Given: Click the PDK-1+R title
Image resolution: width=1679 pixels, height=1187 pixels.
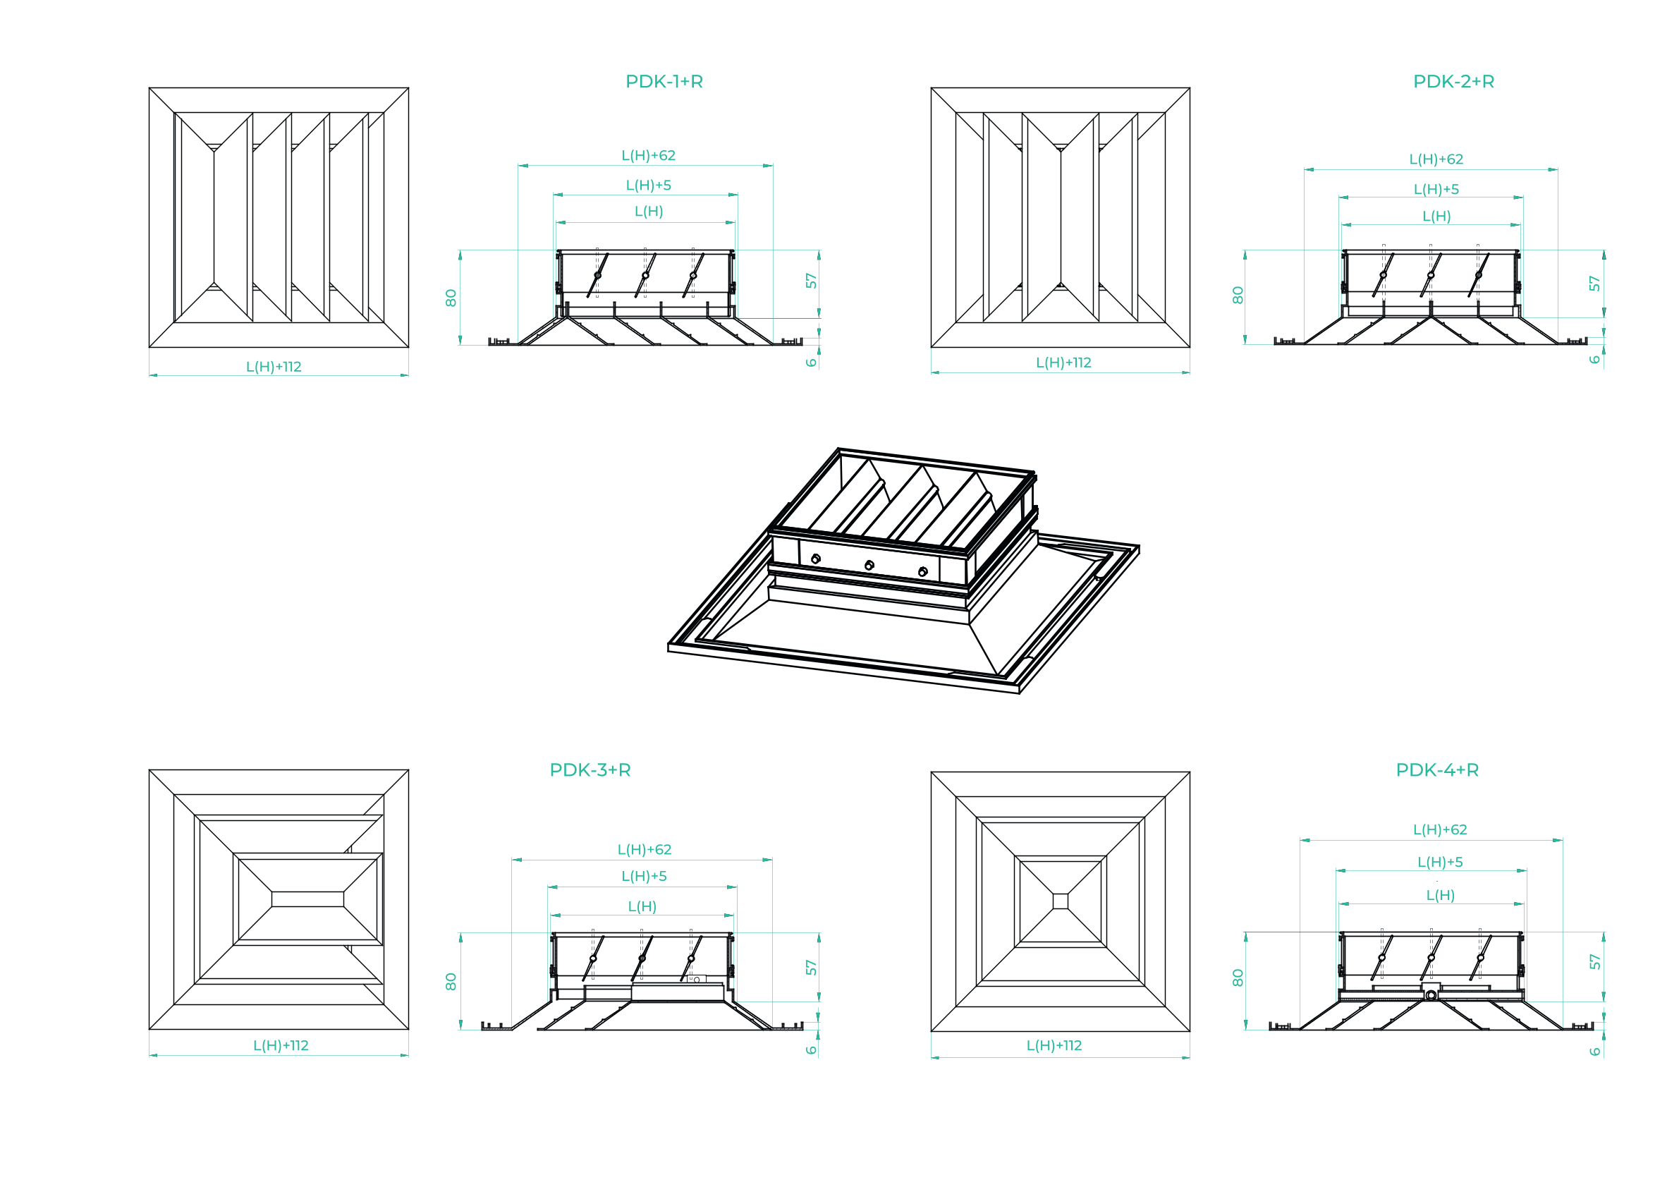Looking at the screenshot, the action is coord(664,81).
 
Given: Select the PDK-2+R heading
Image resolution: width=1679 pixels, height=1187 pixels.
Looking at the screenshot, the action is coord(1453,81).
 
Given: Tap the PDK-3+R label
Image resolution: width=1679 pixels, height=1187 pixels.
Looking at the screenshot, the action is coord(590,769).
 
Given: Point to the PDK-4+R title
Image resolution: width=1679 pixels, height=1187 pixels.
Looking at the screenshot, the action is coord(1437,769).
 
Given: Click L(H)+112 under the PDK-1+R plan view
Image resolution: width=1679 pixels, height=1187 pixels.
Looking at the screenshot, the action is coord(274,367).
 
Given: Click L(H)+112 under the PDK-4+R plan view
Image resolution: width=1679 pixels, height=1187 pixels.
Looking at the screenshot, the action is coord(1054,1045).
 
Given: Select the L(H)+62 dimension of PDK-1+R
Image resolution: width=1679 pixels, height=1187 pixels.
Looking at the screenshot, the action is coord(649,155).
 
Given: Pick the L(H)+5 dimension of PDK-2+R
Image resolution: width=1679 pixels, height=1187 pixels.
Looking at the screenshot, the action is coord(1436,189).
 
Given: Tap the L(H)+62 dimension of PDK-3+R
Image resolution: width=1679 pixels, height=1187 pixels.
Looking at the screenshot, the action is coord(645,849).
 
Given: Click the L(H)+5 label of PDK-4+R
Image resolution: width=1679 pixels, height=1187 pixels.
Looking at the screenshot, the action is coord(1440,862).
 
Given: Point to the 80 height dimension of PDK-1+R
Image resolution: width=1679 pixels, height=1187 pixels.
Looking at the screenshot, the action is coord(451,298).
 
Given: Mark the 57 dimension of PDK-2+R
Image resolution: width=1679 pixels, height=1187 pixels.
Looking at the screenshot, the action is coord(1594,284).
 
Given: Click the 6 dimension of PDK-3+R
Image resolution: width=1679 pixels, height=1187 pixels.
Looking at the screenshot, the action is coord(811,1049).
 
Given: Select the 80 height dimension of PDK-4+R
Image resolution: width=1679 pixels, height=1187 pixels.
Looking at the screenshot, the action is coord(1238,977).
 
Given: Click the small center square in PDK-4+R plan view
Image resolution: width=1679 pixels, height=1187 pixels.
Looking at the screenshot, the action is coord(1061,901).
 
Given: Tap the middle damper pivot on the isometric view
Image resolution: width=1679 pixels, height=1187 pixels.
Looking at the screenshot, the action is coord(869,565).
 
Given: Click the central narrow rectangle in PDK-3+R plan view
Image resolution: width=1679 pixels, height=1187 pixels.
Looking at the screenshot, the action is coord(307,899).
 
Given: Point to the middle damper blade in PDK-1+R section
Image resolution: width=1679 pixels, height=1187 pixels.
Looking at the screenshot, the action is coord(645,275).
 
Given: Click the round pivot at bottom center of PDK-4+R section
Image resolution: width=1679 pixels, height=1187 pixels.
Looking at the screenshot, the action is coord(1430,994).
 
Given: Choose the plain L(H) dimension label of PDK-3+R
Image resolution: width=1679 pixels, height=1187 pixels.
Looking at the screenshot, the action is coord(642,906).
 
